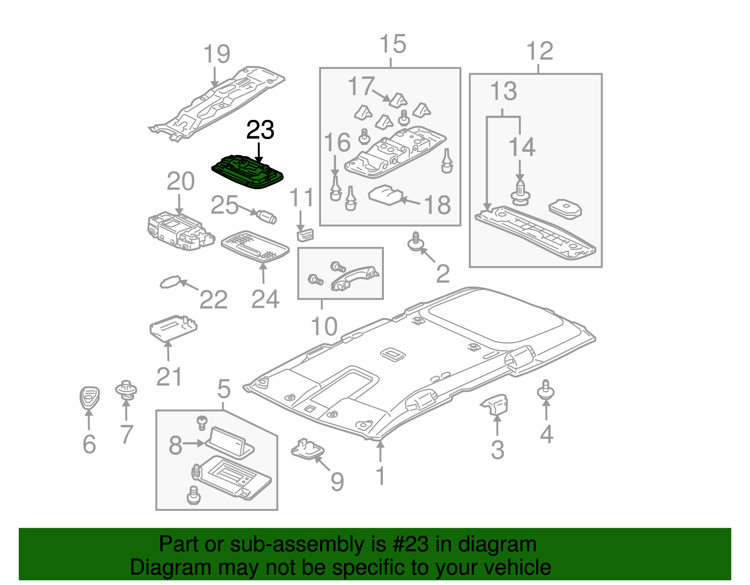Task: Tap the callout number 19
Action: coord(217,54)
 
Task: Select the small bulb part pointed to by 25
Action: coord(266,216)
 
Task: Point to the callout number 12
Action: coord(540,51)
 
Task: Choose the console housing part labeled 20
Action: coord(180,230)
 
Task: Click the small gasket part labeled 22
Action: coord(170,282)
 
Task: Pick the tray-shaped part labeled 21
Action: coord(172,327)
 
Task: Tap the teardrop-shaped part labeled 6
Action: coord(89,398)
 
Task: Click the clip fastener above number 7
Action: coord(126,390)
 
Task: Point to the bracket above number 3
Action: coord(495,403)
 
